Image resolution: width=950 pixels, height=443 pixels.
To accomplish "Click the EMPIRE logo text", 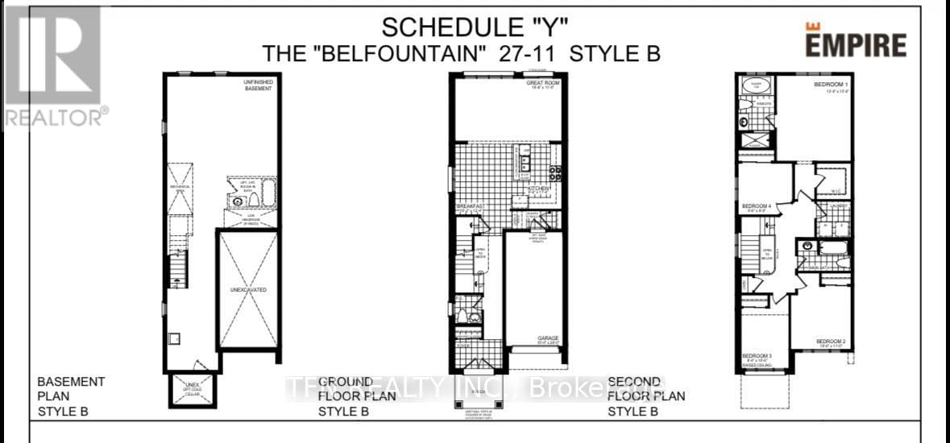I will (x=856, y=43).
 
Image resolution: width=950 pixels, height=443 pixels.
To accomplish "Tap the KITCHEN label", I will (x=539, y=188).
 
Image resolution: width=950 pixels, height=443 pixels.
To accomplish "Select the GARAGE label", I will (x=548, y=338).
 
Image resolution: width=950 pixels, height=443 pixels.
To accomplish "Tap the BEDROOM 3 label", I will (x=757, y=355).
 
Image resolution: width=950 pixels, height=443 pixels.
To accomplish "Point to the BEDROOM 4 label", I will (x=757, y=206).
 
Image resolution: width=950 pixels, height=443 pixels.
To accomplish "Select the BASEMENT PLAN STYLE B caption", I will (x=73, y=395).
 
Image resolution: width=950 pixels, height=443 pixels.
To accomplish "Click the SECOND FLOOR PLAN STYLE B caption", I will (x=646, y=395).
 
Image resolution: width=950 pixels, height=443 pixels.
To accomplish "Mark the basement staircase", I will (x=177, y=270).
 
